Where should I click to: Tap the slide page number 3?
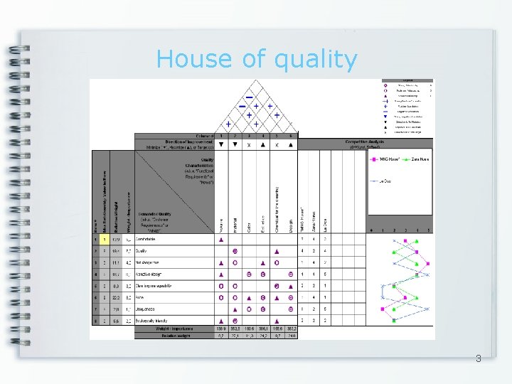[479, 359]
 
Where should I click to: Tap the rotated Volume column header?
[221, 226]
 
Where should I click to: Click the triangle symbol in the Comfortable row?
[221, 240]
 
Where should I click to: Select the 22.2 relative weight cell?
[117, 297]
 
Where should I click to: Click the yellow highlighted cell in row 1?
[104, 240]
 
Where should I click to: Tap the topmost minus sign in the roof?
[250, 97]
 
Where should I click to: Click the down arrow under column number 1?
[221, 144]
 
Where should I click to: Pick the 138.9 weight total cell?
[221, 329]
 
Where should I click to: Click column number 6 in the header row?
[291, 136]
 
